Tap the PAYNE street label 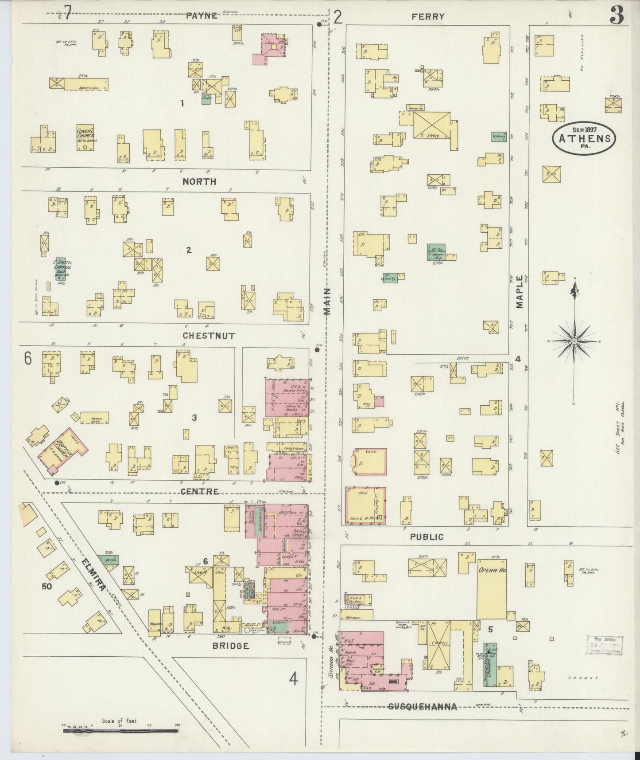(x=202, y=16)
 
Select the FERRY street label (x=427, y=17)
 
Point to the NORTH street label (x=199, y=181)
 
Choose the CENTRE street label (x=199, y=491)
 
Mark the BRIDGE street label (x=230, y=646)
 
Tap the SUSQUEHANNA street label (x=423, y=707)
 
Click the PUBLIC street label (x=426, y=537)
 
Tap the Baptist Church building (x=63, y=450)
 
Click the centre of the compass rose (x=574, y=341)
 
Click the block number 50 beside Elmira (x=47, y=586)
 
